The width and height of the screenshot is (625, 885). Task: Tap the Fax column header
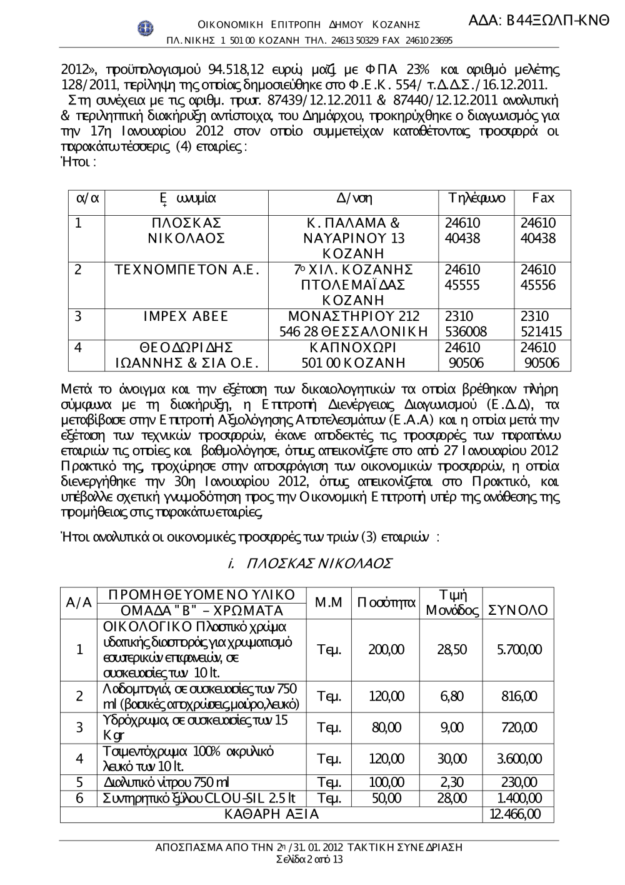[542, 199]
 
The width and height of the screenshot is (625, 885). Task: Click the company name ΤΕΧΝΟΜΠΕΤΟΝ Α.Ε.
[187, 270]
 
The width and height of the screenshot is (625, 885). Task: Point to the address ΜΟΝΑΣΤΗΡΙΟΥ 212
[354, 316]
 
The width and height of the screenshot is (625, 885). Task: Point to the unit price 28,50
[452, 650]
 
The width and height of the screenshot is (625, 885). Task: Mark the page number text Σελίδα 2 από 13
[309, 859]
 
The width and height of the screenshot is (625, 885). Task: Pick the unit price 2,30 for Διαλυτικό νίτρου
[452, 782]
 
